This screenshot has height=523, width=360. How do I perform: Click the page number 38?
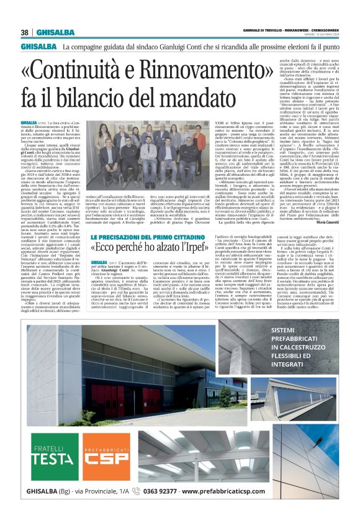[x=25, y=33]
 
